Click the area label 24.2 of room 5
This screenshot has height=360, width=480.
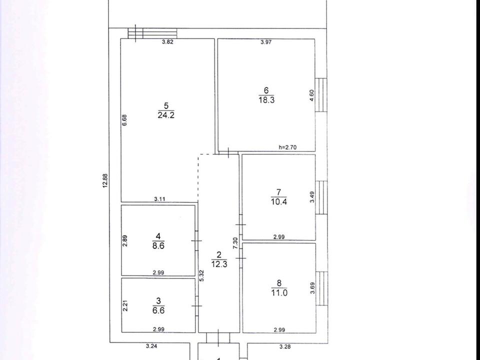[166, 115]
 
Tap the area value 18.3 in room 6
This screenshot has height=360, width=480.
[266, 100]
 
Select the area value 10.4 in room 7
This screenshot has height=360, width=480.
[278, 201]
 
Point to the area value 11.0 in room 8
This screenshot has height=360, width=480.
[279, 292]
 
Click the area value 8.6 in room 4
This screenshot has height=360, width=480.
[158, 245]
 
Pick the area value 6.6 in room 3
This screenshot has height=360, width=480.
[158, 310]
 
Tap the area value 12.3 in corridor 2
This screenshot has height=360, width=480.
[219, 264]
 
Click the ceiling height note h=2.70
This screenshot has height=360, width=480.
[287, 147]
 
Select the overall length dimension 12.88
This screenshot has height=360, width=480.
[105, 180]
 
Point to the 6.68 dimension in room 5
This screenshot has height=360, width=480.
[124, 120]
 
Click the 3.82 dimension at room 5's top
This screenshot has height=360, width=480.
[167, 42]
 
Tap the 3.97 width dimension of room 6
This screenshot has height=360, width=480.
[266, 42]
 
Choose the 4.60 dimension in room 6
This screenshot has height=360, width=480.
[311, 95]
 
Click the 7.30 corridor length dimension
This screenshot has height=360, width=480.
[235, 243]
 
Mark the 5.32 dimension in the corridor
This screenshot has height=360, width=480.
[201, 276]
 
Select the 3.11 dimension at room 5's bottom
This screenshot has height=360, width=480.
[159, 199]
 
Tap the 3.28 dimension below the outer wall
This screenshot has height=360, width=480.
[285, 346]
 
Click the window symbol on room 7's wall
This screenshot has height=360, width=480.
[321, 197]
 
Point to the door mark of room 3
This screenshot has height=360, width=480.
[196, 306]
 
